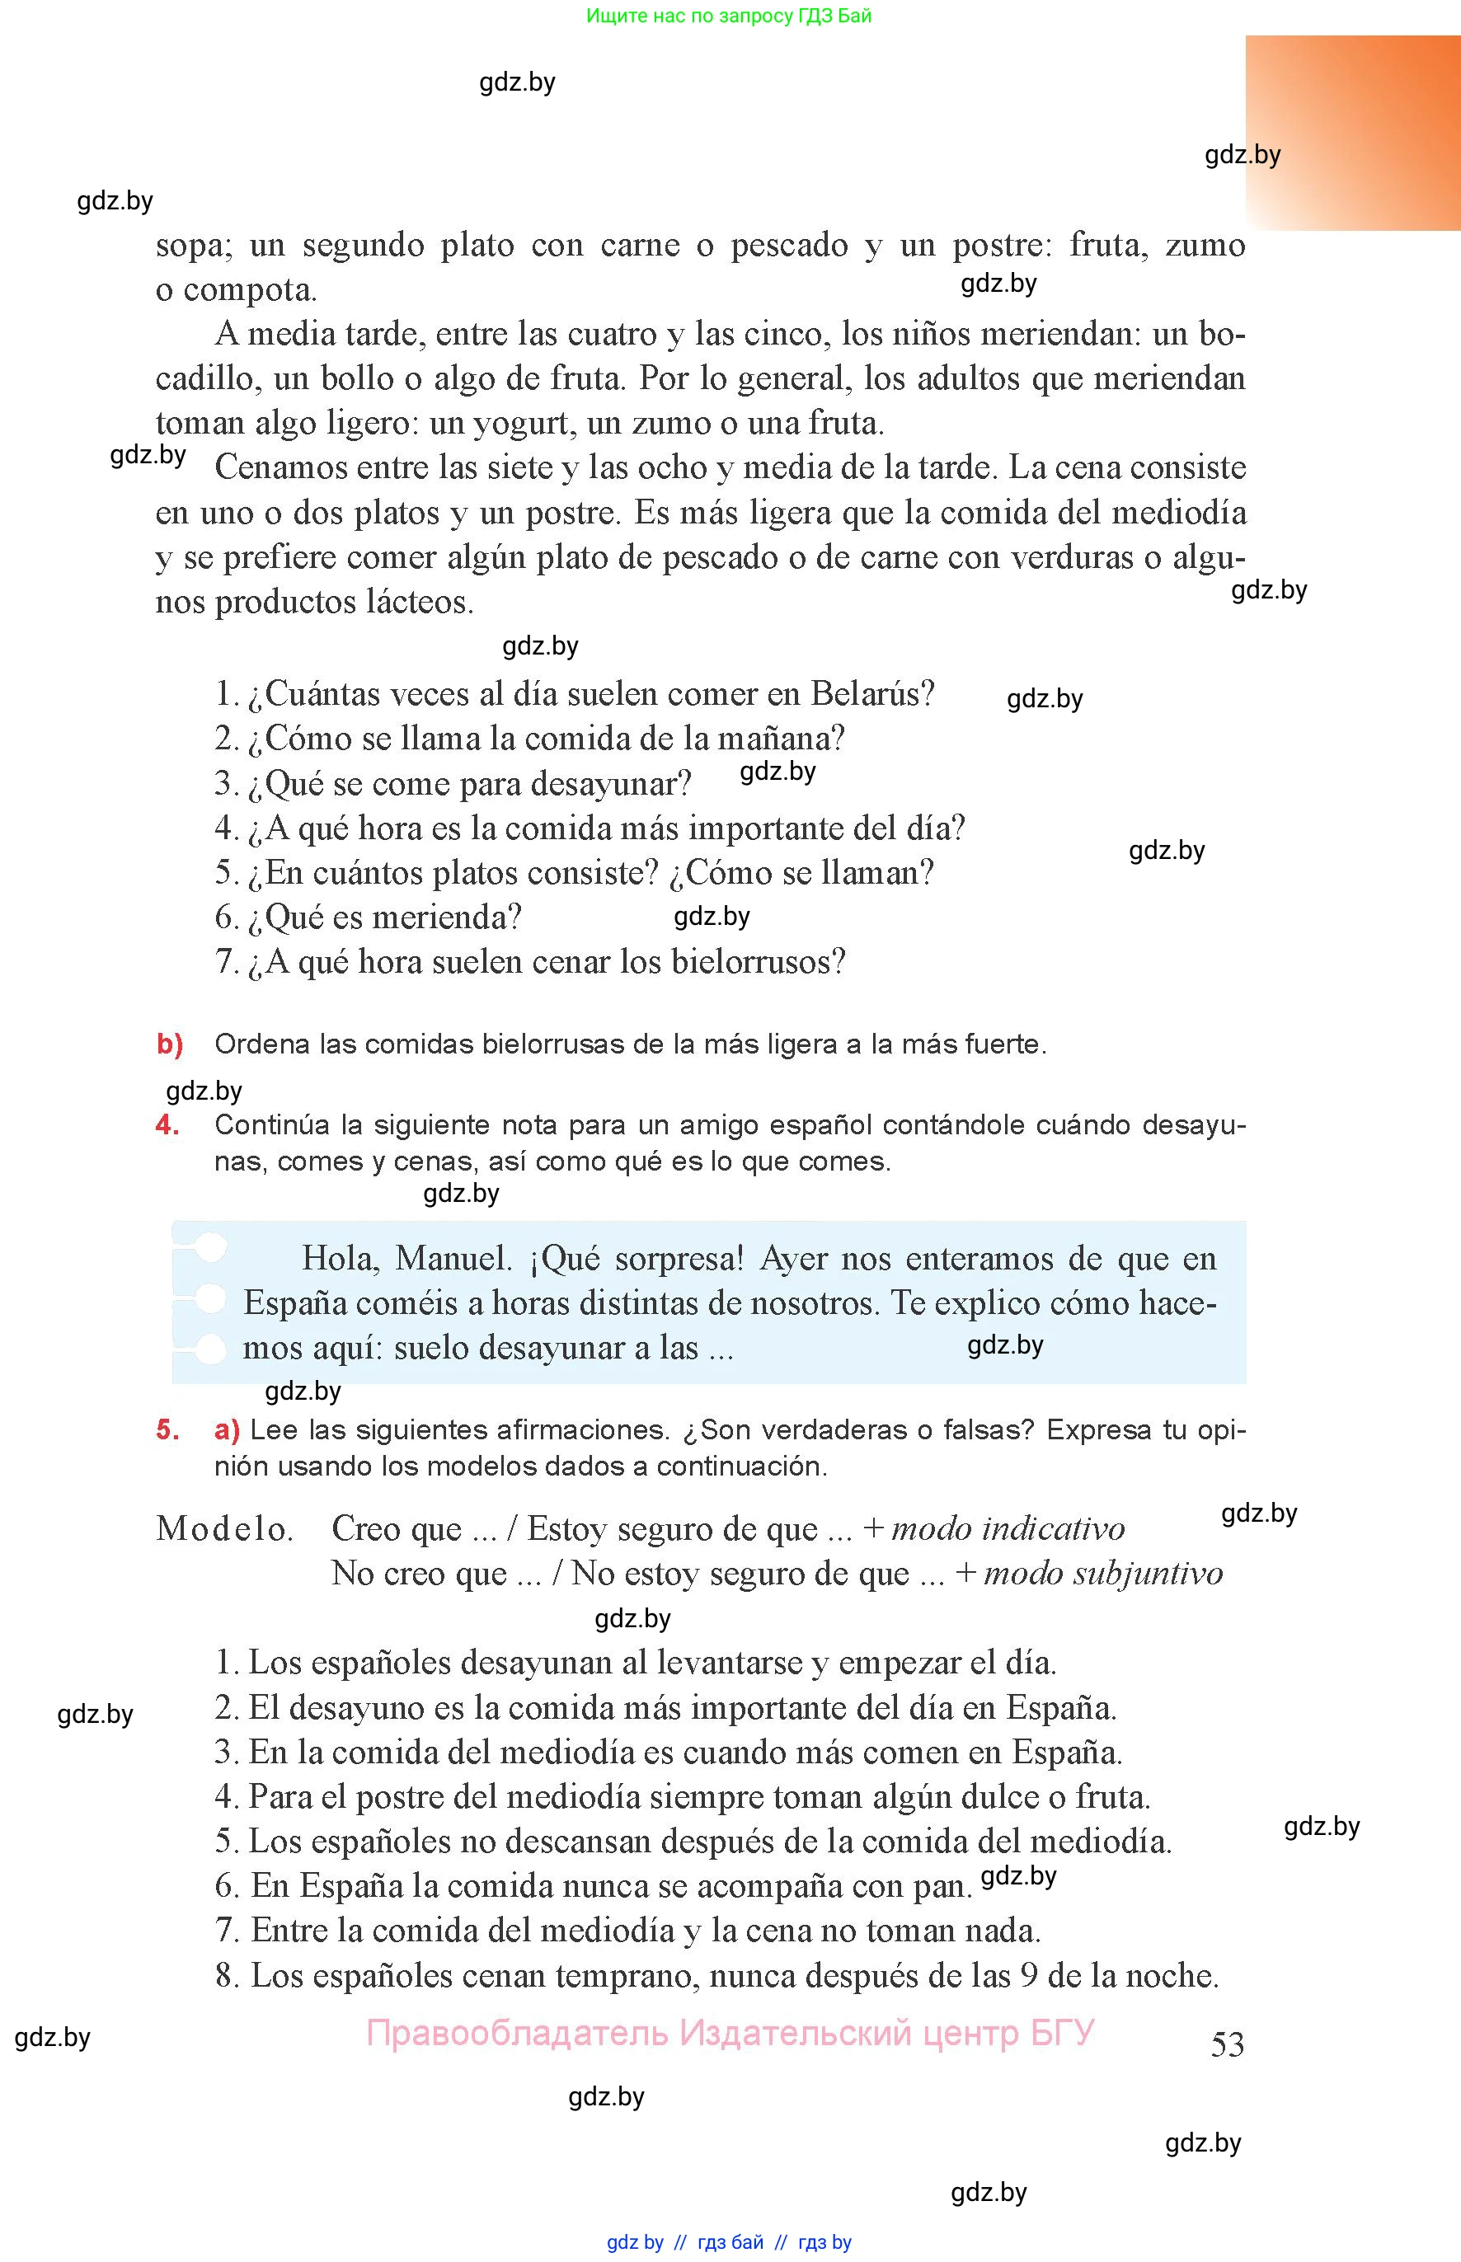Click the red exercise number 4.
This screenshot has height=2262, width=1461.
167,1125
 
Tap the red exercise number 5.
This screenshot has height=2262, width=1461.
167,1429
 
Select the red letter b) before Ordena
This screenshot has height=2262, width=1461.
170,1044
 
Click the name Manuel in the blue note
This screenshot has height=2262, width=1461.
453,1259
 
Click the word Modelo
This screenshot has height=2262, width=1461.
224,1529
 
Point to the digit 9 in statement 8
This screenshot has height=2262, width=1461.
1028,1976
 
